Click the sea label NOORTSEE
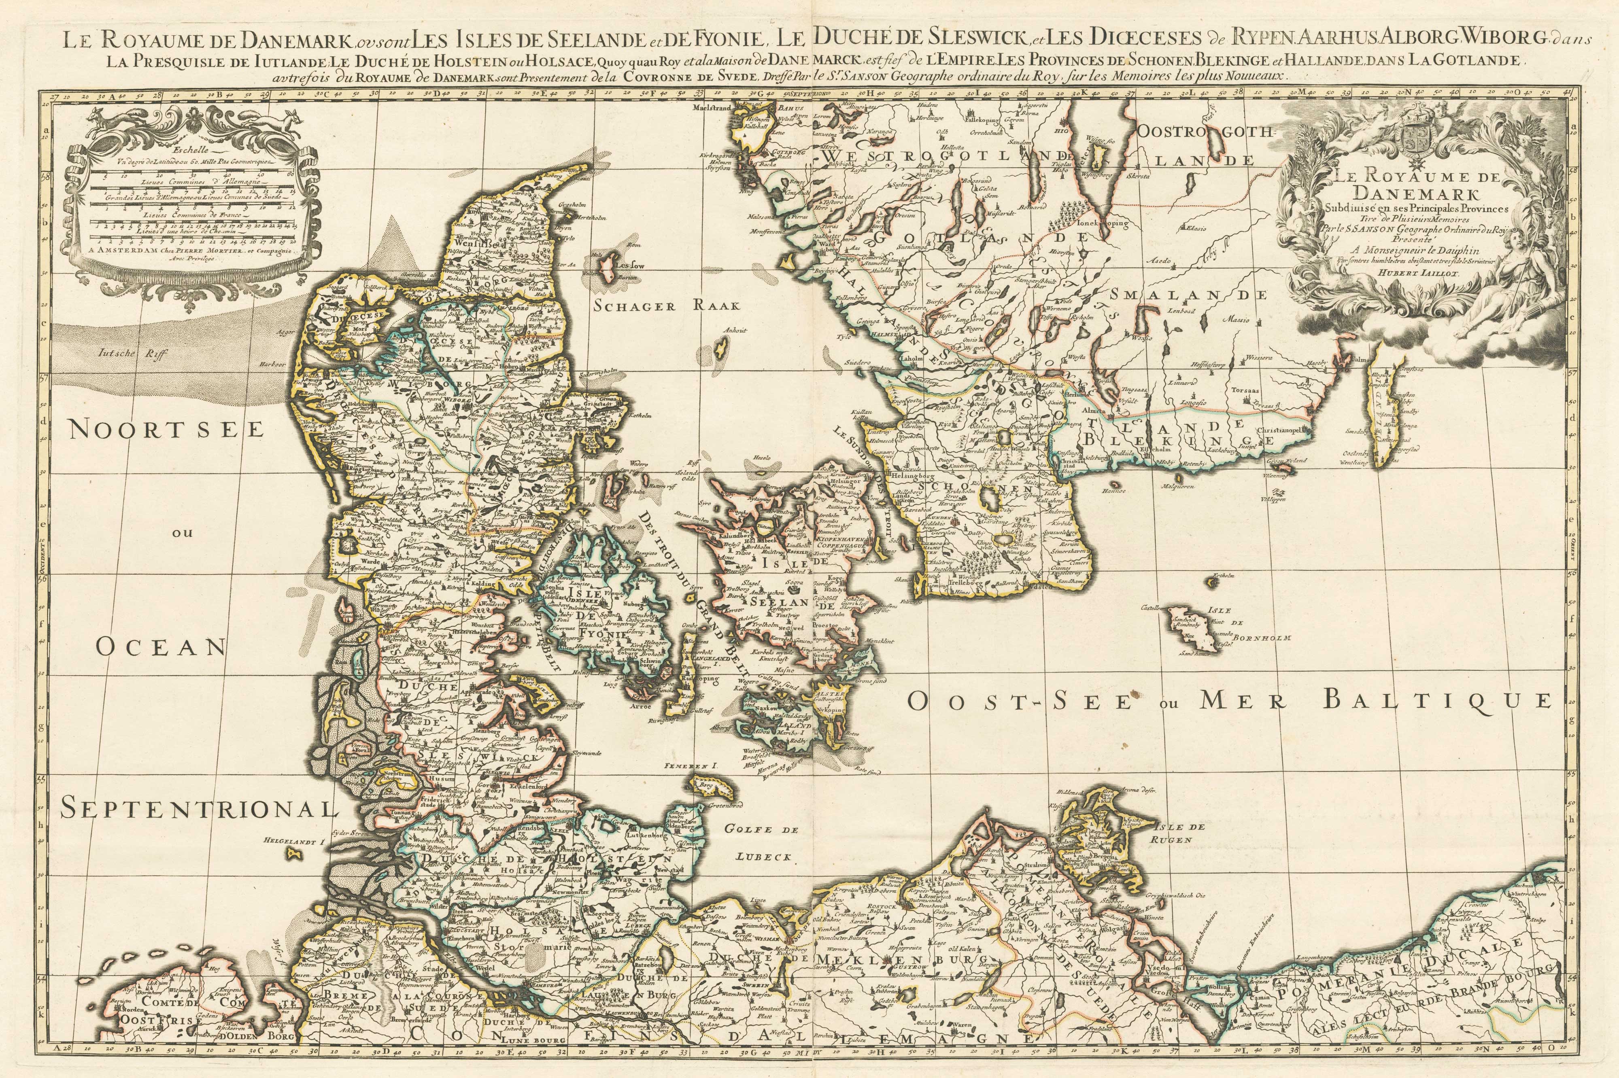coord(166,429)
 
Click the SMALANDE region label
coord(1193,296)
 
